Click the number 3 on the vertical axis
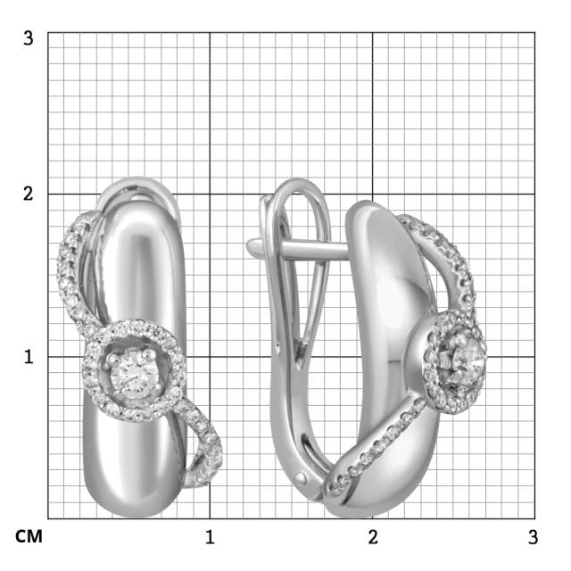click(x=28, y=37)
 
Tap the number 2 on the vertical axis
click(x=28, y=194)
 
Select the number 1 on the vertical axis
click(x=29, y=357)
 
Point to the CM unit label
click(x=29, y=536)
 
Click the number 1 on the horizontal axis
click(x=210, y=537)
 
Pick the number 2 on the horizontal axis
click(x=373, y=537)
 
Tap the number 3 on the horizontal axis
click(x=534, y=537)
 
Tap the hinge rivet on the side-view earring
click(x=302, y=477)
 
